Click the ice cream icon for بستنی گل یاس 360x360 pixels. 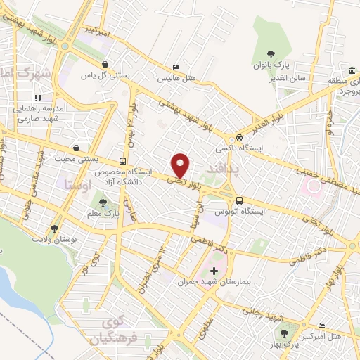(105, 63)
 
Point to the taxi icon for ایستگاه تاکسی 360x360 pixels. (240, 137)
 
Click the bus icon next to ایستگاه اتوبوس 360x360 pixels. (240, 200)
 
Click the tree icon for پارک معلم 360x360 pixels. (104, 203)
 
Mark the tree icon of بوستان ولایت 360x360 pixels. (55, 229)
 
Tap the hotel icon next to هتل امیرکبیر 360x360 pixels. (321, 326)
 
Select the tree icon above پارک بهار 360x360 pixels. (285, 333)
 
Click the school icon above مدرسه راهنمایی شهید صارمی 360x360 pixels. (38, 98)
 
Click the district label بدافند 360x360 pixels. (225, 168)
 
